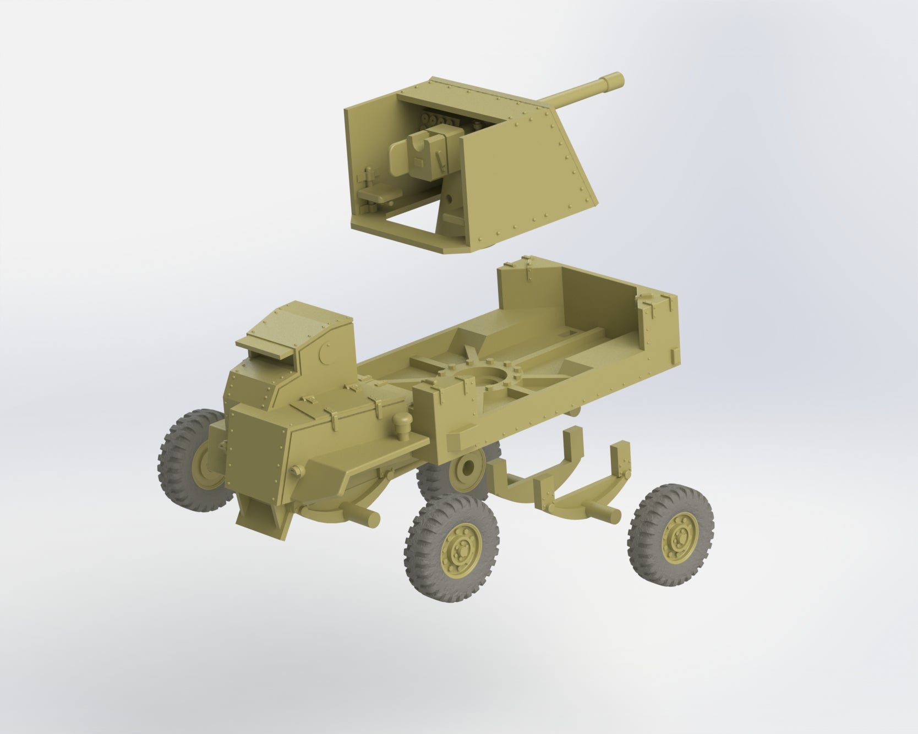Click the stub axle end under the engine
pos(368,517)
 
